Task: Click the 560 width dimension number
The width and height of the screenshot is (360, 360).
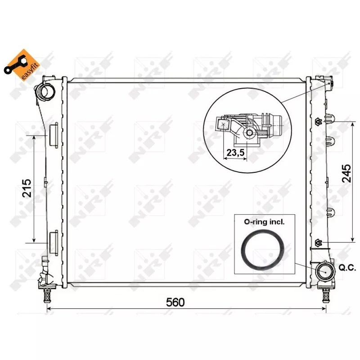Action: click(175, 302)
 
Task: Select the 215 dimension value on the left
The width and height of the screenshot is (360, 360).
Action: click(27, 188)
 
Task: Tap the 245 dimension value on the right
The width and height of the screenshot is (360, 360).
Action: click(346, 173)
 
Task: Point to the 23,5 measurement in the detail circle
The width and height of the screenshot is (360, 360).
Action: click(235, 152)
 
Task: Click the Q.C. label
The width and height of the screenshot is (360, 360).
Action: click(347, 268)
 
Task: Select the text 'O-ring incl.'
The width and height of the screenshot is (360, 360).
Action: click(264, 222)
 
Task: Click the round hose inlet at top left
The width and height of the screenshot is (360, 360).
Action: click(45, 91)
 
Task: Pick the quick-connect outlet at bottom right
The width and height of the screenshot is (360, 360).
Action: click(325, 271)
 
